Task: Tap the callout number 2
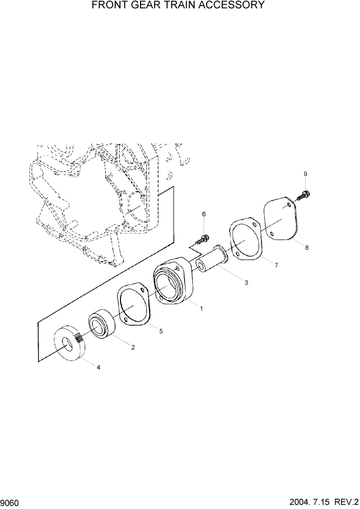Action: (133, 347)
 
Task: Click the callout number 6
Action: (204, 213)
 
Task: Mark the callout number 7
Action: (276, 265)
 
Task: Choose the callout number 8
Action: (307, 248)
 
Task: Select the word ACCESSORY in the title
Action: (234, 6)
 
